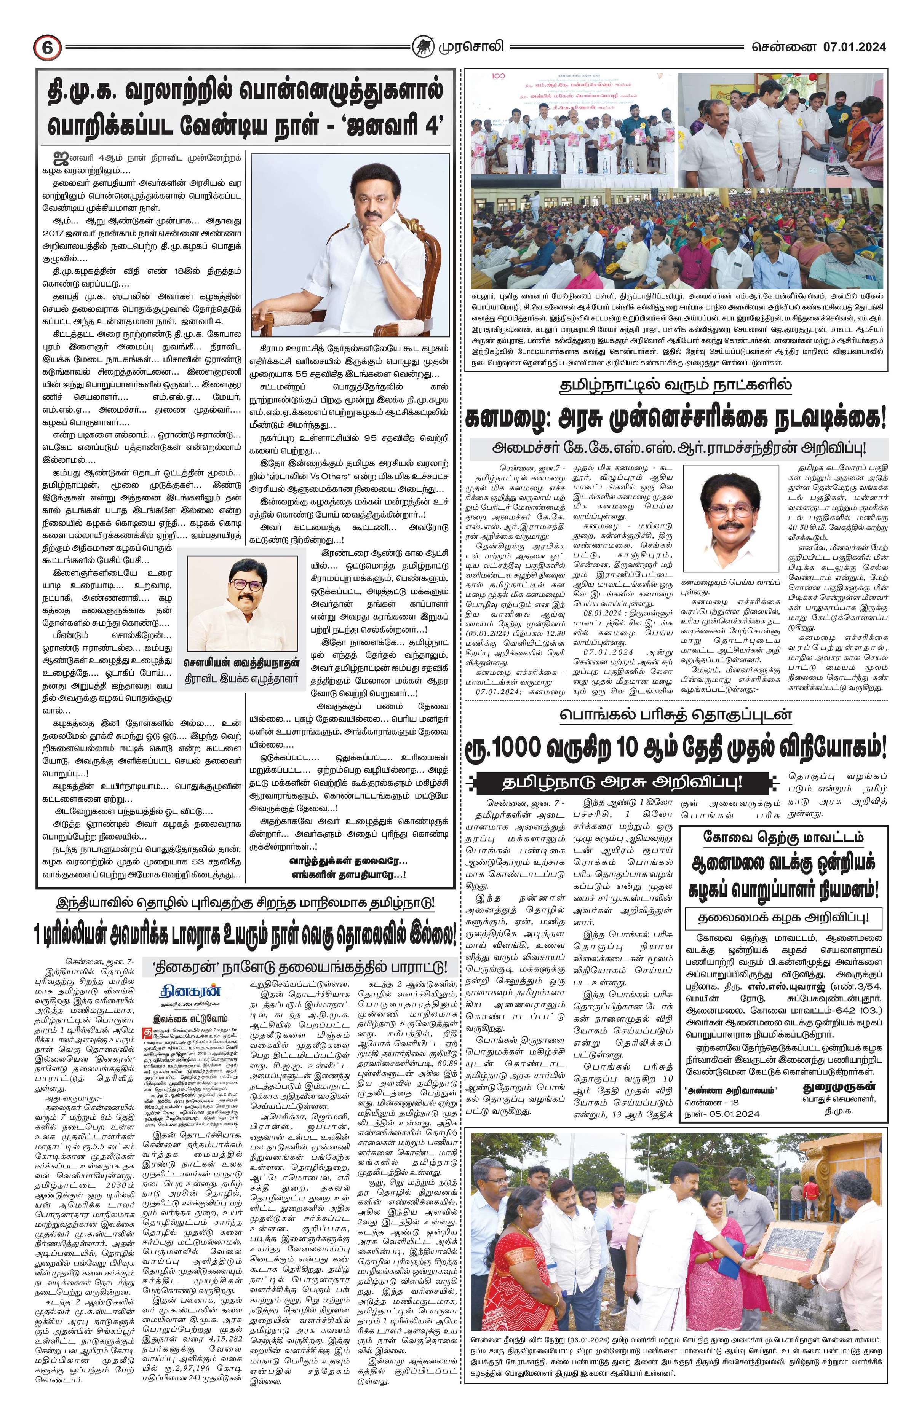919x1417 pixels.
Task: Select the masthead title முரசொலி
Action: click(x=465, y=46)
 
